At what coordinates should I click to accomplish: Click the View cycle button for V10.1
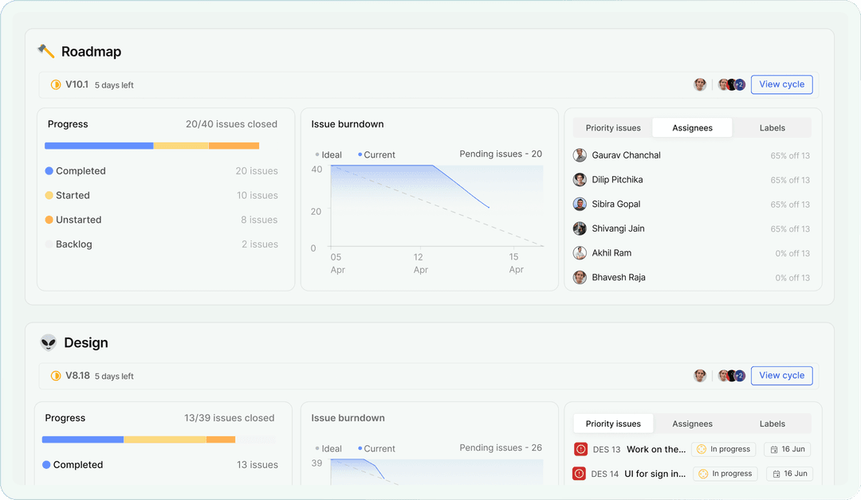click(x=781, y=84)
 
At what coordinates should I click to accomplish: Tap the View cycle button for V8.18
click(x=781, y=376)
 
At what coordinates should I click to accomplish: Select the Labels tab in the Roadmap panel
click(x=772, y=128)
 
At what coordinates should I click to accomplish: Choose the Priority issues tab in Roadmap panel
click(x=613, y=128)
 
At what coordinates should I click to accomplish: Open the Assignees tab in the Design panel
click(x=692, y=424)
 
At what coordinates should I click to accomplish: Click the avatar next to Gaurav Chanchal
click(x=580, y=155)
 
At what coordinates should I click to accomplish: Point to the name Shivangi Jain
click(x=618, y=229)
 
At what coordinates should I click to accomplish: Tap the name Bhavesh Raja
click(x=619, y=278)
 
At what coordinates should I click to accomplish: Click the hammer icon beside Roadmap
click(x=46, y=52)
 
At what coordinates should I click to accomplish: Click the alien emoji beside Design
click(x=49, y=343)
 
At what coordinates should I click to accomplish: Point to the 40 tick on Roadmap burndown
click(x=316, y=170)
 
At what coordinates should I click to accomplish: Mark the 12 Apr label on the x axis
click(x=419, y=264)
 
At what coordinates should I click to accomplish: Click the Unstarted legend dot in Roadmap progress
click(x=49, y=220)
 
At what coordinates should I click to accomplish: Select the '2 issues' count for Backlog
click(x=260, y=244)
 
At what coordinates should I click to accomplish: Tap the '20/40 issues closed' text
click(x=231, y=124)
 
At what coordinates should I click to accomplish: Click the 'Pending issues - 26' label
click(x=501, y=448)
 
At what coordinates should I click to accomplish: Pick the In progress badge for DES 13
click(x=723, y=449)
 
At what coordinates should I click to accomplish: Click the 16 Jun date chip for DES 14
click(x=789, y=474)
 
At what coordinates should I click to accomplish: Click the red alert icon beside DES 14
click(x=580, y=474)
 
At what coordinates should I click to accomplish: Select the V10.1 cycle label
click(x=77, y=84)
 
